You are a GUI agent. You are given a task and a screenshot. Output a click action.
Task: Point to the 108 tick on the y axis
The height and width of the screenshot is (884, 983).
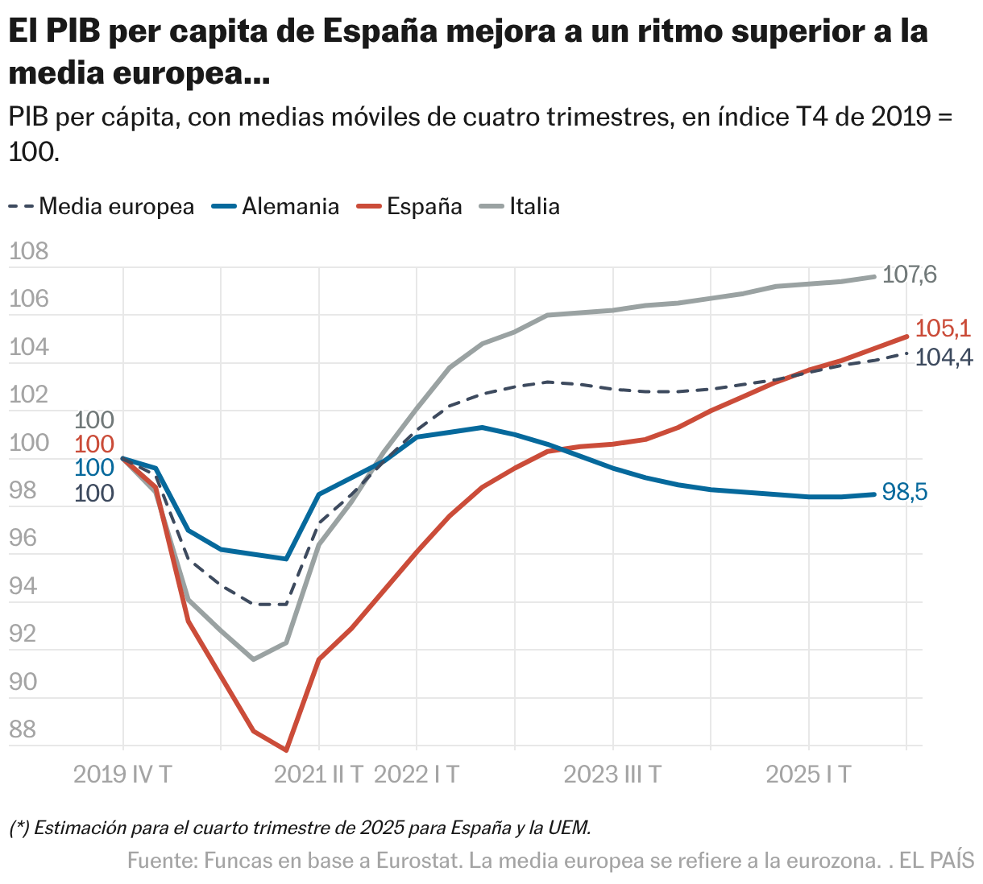coord(29,252)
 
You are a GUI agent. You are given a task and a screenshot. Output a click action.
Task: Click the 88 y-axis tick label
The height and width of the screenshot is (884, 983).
coord(23,729)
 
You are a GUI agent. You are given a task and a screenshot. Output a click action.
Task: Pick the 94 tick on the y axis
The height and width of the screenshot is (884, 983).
coord(23,586)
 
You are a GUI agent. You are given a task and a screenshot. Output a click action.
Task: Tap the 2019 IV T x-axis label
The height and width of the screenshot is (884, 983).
coord(122,775)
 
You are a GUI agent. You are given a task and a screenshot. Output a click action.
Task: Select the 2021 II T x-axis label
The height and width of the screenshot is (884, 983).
coord(319,775)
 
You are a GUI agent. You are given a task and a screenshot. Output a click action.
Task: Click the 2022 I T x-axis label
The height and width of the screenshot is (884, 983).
coord(417,775)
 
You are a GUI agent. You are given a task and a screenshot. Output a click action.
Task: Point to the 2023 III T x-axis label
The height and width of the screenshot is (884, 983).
coord(612,775)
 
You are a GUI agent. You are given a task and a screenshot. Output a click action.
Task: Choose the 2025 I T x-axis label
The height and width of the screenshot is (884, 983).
coord(808,775)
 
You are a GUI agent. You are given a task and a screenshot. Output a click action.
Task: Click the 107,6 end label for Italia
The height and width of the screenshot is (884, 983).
coord(910,275)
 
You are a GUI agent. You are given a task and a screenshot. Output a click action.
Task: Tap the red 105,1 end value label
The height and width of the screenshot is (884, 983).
coord(944,328)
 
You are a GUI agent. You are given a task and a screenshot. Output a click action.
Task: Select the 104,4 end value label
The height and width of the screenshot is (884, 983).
coord(945,357)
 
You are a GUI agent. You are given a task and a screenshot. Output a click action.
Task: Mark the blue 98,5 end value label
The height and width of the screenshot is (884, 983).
coord(905,492)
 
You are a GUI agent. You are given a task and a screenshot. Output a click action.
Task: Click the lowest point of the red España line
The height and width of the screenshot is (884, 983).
coord(286,750)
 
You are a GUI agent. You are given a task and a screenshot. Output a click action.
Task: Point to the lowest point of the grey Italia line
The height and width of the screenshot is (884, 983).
coord(254,659)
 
